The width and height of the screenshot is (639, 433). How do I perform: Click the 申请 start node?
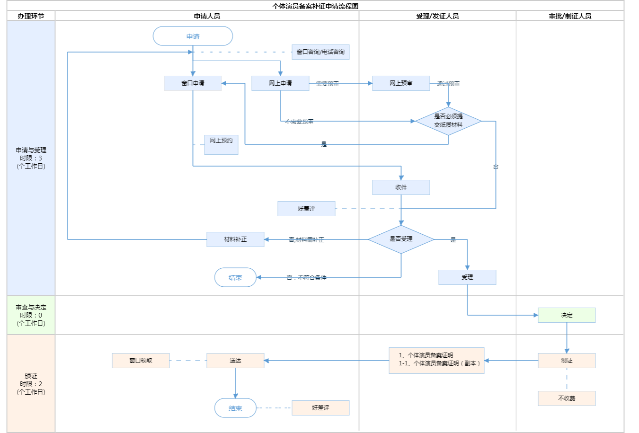tap(193, 36)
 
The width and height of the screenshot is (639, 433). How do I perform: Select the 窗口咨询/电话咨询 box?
tap(320, 52)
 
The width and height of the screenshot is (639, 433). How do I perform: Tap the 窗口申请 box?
tap(193, 83)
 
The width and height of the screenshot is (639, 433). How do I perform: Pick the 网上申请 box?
tap(280, 83)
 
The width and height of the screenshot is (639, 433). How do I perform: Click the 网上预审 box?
tap(401, 83)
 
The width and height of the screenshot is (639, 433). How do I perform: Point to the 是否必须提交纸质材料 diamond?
tap(448, 121)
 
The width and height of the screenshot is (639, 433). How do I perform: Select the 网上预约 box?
tap(221, 144)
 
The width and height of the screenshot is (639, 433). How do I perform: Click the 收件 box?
tap(401, 187)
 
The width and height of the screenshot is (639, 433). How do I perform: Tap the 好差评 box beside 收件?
tap(306, 209)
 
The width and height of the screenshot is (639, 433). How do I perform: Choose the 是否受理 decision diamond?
tap(401, 239)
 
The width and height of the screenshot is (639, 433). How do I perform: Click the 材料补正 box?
tap(235, 239)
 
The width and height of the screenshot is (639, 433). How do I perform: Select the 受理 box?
tap(467, 277)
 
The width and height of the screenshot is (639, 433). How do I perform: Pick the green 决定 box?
tap(567, 315)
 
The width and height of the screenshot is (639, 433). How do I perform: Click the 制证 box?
tap(567, 361)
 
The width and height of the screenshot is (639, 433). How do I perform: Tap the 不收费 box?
tap(567, 398)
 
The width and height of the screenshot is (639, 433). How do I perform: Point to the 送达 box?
tap(235, 361)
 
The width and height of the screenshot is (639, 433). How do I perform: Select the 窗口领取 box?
tap(141, 361)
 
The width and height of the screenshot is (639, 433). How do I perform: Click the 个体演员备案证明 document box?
tap(436, 361)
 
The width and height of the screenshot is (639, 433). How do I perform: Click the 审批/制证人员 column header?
tap(570, 16)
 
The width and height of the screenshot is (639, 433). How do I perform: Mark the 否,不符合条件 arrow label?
tap(306, 278)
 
